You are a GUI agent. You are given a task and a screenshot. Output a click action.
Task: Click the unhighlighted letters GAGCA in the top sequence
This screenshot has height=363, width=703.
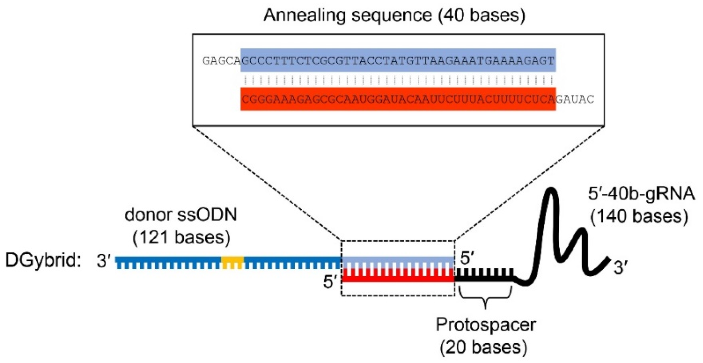point(221,61)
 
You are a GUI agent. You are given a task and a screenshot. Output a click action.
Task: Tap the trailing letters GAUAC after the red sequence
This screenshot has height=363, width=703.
point(575,100)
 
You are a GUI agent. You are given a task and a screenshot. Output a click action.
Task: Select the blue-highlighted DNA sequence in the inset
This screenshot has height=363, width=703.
point(398,60)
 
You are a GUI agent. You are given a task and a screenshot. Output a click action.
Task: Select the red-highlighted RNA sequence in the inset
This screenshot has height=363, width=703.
point(398,99)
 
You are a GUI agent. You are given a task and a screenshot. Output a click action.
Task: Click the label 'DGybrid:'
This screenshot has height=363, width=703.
point(43,260)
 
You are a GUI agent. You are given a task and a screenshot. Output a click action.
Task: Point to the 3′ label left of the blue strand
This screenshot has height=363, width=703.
point(103,261)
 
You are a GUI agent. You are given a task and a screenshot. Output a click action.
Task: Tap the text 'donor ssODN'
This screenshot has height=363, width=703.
point(181,215)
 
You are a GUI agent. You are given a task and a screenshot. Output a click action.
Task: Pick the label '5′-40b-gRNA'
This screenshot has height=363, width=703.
point(641,194)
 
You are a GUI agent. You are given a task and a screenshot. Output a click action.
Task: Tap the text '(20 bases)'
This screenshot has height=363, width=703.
point(484,347)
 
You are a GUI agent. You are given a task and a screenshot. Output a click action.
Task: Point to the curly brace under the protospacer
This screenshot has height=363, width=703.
point(485,296)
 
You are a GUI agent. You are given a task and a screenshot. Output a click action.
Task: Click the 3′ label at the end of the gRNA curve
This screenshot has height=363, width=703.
point(620,268)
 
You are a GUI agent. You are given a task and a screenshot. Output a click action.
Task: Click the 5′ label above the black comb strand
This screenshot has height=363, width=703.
point(467,258)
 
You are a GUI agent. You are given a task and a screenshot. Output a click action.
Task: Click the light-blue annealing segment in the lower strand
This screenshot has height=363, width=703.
point(398,260)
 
